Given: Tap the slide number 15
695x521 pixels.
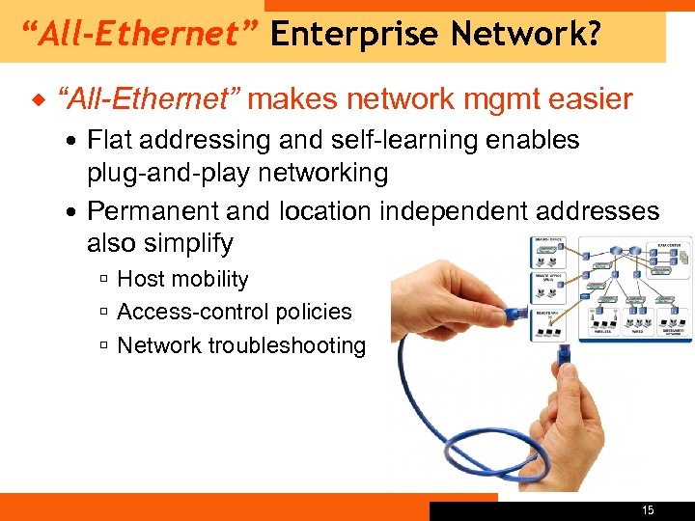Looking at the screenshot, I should pyautogui.click(x=647, y=509).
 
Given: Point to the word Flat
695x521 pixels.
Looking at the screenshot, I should pyautogui.click(x=110, y=140).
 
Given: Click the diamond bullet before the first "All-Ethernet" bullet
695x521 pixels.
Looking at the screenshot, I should pyautogui.click(x=38, y=98).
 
